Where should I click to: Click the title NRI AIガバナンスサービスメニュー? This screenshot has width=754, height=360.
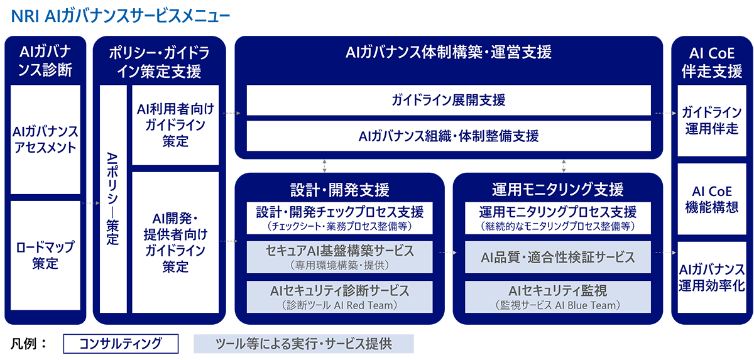121,16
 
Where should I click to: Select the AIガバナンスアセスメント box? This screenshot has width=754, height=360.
45,139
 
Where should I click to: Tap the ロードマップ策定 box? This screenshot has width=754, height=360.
45,255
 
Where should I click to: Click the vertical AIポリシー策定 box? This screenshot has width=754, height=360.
113,199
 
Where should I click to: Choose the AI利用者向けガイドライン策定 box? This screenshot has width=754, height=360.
175,125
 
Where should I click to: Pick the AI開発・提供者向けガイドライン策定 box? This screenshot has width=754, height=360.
175,243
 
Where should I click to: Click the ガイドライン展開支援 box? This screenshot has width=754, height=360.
449,100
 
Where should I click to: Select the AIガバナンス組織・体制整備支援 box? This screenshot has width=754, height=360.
449,136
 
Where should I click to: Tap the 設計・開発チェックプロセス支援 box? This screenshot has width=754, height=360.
340,218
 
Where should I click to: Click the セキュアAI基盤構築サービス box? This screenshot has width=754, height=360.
340,257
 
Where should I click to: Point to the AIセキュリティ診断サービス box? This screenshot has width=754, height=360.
340,297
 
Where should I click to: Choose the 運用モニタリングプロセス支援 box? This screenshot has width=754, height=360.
558,218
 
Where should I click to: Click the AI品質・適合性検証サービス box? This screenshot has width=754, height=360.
558,257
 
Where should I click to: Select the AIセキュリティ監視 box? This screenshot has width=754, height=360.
558,297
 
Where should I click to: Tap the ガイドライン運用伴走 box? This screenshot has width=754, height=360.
712,121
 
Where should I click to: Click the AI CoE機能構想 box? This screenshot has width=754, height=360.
712,199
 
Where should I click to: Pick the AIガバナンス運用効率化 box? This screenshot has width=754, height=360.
712,277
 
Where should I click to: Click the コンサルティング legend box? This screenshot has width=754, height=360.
121,344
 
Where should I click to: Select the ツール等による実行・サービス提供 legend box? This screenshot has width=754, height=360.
303,344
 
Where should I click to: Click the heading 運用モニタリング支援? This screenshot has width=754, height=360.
558,189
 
